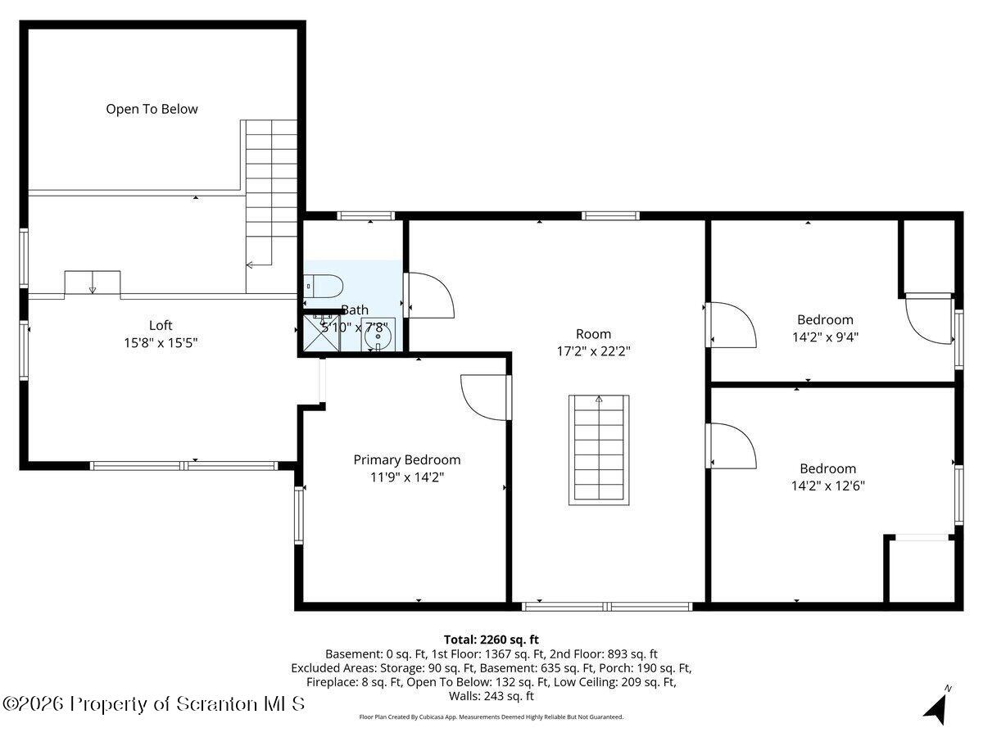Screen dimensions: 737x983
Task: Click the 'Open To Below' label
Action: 152,109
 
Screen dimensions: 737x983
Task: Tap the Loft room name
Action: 161,325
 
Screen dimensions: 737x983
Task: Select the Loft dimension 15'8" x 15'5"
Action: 161,342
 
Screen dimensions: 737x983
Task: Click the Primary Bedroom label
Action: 406,459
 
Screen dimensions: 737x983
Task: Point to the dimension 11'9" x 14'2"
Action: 406,477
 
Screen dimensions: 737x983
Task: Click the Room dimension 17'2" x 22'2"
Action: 593,350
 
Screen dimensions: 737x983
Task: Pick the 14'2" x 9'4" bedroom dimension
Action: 825,336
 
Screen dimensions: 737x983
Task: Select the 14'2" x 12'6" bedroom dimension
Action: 827,485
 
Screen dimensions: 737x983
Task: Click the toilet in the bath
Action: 320,286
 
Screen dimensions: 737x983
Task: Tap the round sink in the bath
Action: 378,334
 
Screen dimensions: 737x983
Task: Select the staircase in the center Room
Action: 598,450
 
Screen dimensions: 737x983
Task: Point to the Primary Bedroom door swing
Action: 486,396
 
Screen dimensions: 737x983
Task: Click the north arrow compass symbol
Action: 937,705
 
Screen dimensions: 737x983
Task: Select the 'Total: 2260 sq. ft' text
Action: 491,640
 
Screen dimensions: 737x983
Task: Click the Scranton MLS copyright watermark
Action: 154,703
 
